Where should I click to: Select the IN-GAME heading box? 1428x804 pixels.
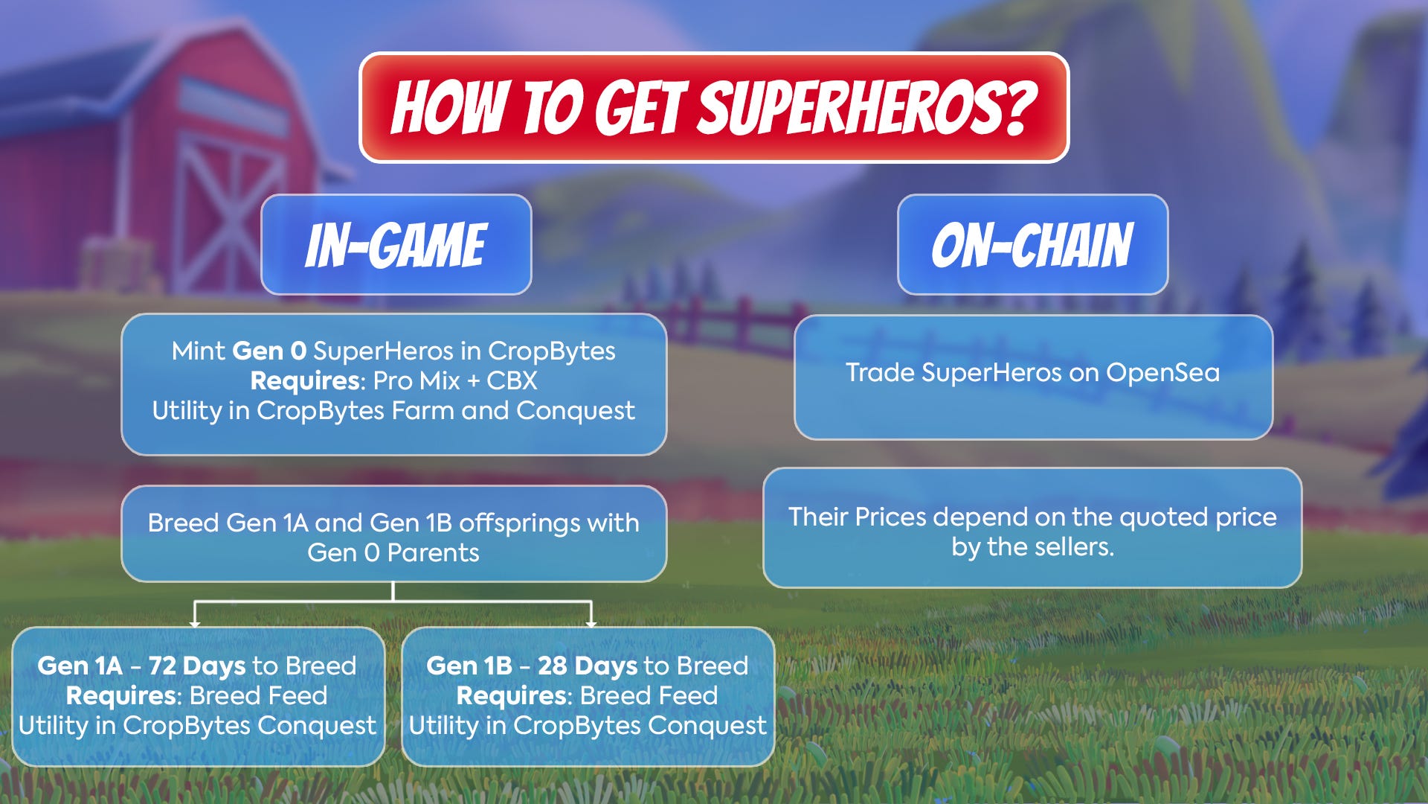point(396,245)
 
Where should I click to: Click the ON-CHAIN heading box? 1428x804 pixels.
point(1032,245)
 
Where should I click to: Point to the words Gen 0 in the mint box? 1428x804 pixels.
point(269,351)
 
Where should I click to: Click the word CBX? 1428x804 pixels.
point(512,380)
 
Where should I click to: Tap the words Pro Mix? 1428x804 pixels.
point(416,380)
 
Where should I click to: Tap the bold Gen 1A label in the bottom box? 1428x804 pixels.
point(80,666)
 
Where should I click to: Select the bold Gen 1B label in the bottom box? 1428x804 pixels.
point(469,666)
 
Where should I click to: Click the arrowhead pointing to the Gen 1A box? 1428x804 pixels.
point(195,622)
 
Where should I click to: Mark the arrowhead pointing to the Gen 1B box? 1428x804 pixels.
point(591,622)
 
